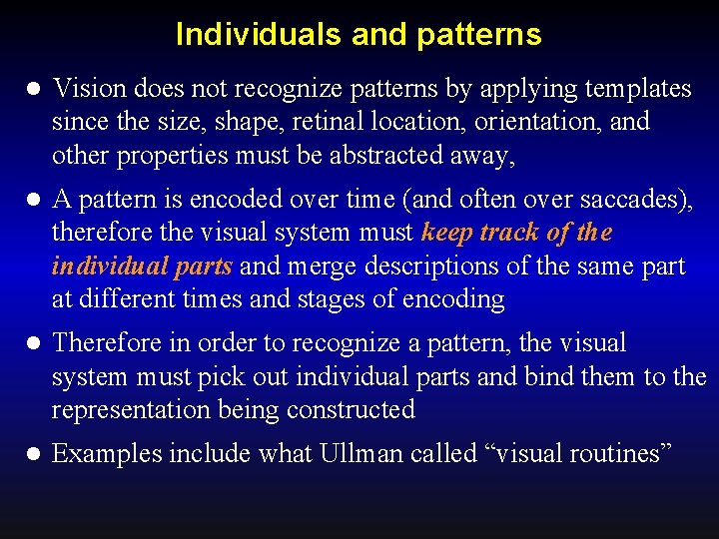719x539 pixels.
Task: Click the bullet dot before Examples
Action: point(32,455)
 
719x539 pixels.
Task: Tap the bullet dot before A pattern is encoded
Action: point(32,201)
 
